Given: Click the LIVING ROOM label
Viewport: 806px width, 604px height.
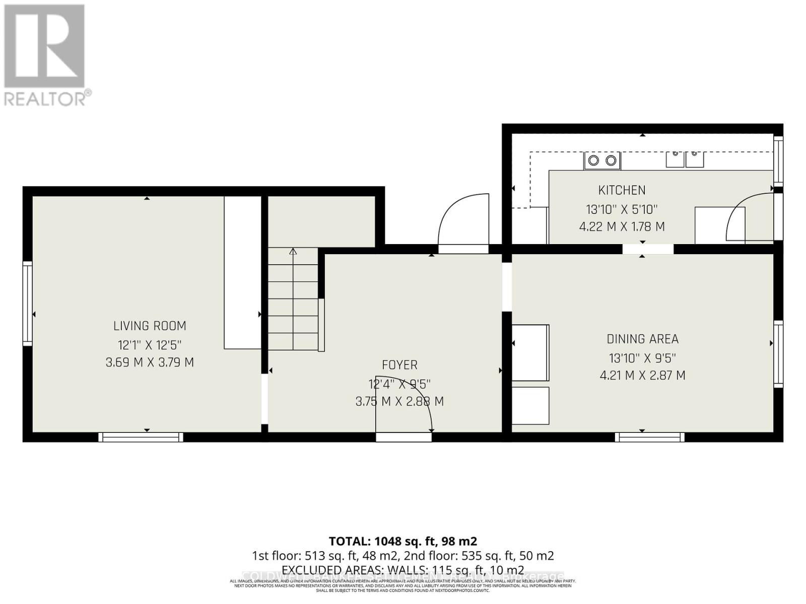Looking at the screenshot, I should point(150,326).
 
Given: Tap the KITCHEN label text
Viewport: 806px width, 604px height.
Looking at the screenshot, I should point(622,190).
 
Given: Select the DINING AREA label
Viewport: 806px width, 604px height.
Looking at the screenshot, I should point(642,339).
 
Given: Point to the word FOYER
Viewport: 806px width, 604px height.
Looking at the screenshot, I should point(399,365).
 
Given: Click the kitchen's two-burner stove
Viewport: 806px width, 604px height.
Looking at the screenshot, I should point(602,161).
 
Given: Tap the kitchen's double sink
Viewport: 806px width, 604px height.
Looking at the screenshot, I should point(685,159).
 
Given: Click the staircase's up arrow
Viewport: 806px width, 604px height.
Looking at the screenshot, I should point(293,251).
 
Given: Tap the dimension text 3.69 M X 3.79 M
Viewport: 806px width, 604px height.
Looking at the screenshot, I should point(150,362).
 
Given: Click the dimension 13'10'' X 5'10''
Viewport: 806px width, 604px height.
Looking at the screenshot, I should point(622,209).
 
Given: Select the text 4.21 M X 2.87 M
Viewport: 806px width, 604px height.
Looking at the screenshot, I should point(642,375).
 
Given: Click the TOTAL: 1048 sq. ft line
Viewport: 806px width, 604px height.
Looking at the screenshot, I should point(402,541).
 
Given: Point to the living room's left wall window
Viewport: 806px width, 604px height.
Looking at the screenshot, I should point(28,303).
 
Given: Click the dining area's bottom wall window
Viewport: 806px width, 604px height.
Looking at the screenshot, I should point(649,437).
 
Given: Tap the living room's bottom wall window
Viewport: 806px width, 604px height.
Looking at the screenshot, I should point(141,437).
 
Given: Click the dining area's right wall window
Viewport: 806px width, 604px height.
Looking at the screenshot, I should point(778,354).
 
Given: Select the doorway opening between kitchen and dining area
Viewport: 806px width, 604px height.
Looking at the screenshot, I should point(647,249).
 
